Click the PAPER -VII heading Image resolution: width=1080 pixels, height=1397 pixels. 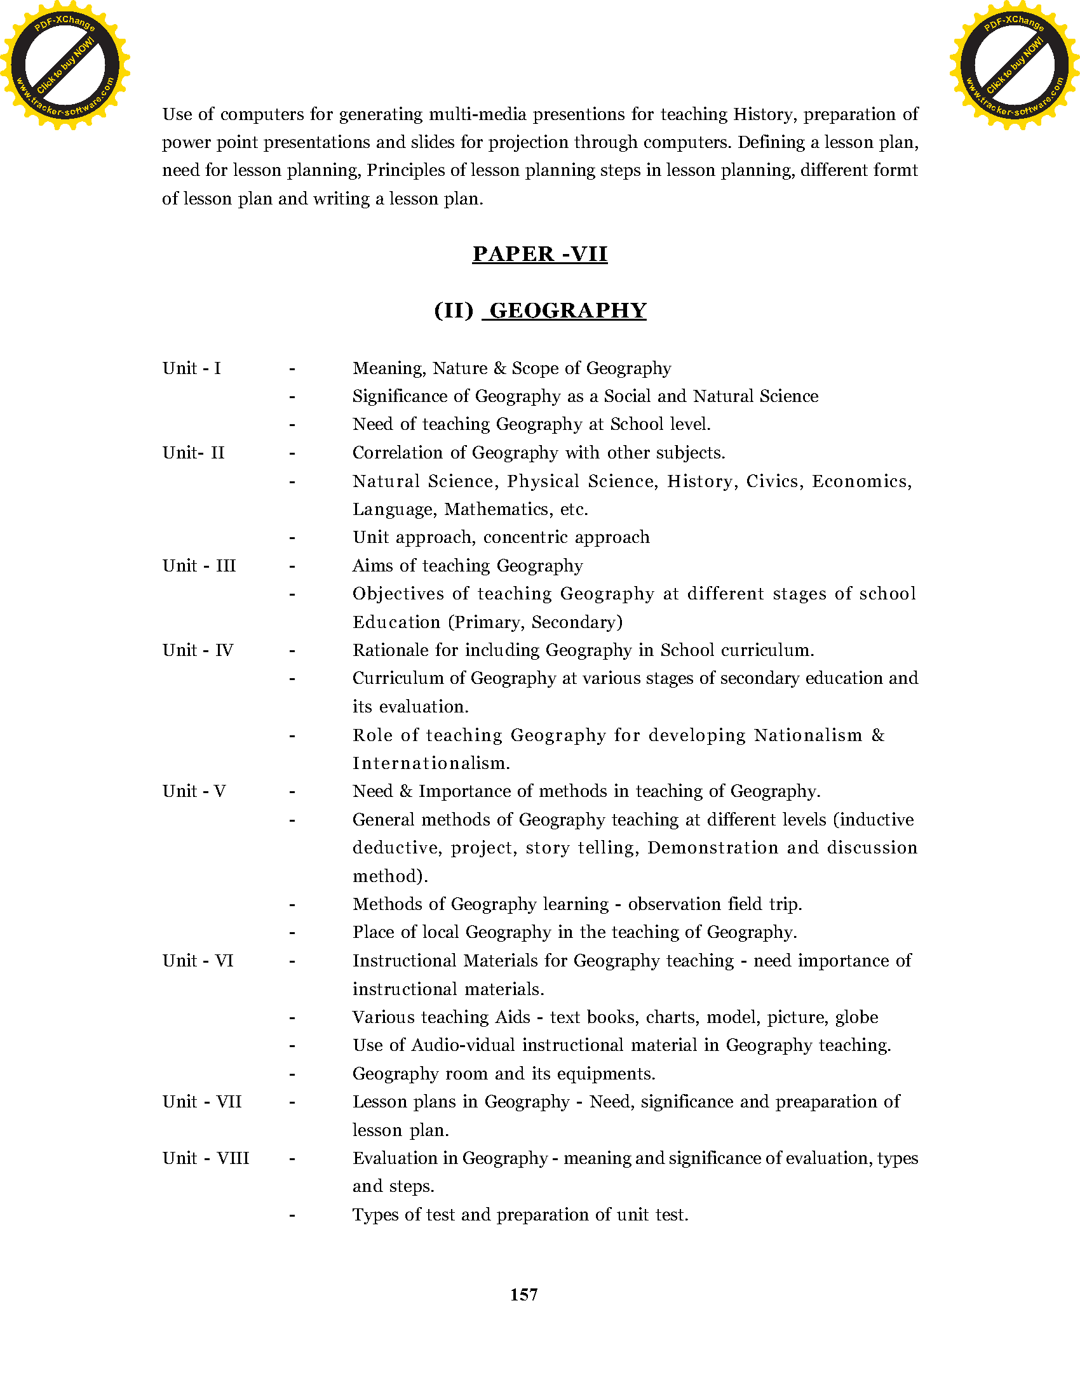(539, 254)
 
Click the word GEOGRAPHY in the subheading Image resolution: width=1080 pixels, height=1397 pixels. (567, 311)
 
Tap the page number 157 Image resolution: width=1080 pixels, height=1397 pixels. (523, 1295)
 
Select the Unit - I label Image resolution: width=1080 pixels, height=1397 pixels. (191, 368)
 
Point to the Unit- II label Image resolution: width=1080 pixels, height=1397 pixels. (193, 453)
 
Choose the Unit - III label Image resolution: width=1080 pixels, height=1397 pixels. (199, 565)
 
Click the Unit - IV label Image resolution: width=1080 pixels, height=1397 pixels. (198, 650)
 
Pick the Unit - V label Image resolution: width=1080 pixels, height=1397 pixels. (194, 791)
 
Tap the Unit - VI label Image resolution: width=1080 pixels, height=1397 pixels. (198, 961)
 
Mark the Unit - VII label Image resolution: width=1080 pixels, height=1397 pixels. (201, 1102)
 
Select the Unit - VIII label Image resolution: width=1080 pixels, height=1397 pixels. (205, 1158)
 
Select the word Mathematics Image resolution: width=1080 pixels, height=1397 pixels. (497, 510)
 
